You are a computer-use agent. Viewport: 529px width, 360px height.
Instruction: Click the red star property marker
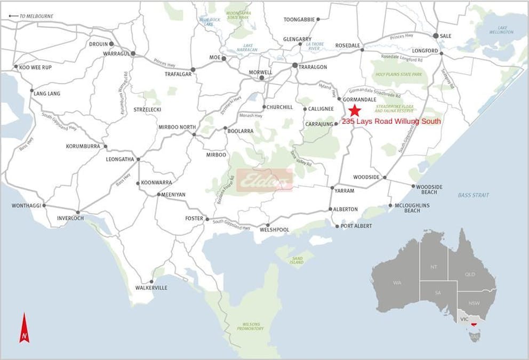point(355,111)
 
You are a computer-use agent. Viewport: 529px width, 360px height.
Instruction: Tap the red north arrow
point(24,328)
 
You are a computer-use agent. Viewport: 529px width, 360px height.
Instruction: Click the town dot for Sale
point(436,36)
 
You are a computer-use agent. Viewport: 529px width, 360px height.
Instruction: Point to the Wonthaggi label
point(26,205)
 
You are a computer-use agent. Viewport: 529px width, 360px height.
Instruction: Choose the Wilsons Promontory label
point(251,326)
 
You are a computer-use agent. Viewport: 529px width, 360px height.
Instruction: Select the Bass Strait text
point(473,195)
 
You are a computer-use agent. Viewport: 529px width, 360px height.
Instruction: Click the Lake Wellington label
point(502,30)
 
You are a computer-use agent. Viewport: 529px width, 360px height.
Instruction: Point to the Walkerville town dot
point(152,282)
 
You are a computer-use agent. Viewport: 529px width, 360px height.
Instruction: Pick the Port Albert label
point(357,226)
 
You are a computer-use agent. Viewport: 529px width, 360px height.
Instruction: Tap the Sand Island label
point(296,260)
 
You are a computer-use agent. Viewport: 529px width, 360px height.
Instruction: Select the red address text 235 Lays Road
point(391,122)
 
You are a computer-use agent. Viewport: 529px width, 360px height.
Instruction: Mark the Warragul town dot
point(133,54)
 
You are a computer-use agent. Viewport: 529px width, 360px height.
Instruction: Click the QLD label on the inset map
point(470,274)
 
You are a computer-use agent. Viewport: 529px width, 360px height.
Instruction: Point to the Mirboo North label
point(174,127)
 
